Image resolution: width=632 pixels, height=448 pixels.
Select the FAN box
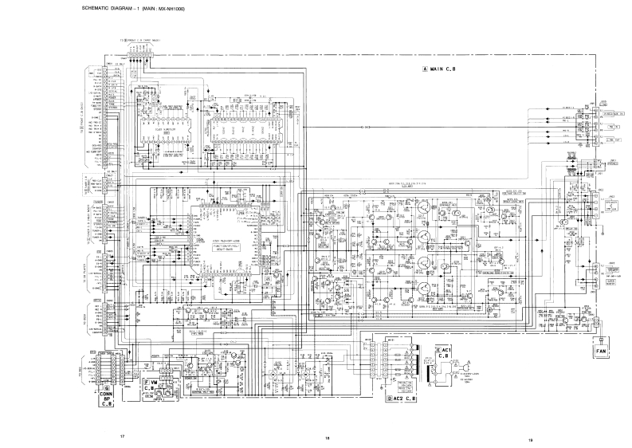pyautogui.click(x=600, y=348)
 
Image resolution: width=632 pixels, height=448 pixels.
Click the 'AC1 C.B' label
pyautogui.click(x=446, y=355)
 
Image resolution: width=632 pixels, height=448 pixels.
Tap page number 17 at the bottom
pyautogui.click(x=122, y=436)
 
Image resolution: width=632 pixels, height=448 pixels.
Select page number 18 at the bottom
pyautogui.click(x=327, y=438)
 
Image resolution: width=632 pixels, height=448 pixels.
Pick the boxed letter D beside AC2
pyautogui.click(x=389, y=397)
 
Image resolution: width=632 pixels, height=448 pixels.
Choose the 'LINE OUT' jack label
pyautogui.click(x=612, y=138)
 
